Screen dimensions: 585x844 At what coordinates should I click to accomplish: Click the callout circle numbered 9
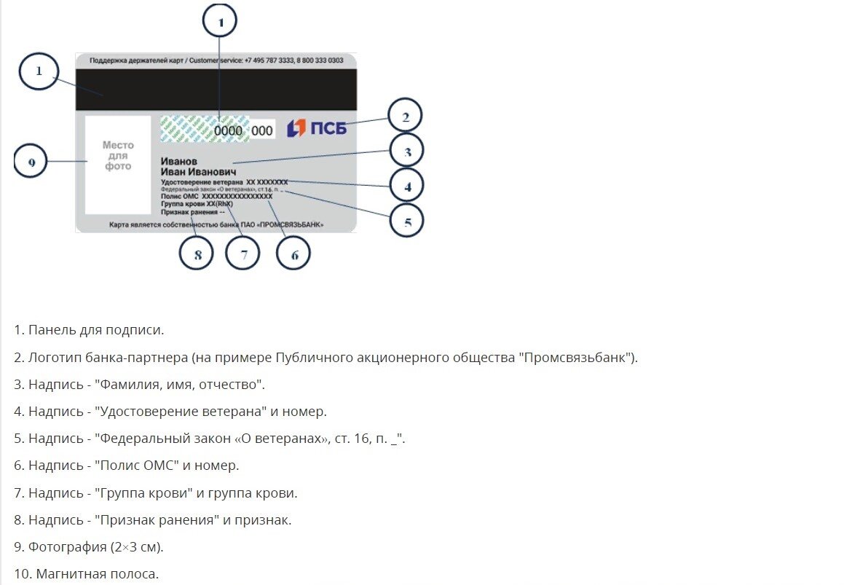[31, 162]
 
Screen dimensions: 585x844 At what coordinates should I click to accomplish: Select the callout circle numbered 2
[405, 117]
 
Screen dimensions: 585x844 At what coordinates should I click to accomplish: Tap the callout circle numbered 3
[407, 152]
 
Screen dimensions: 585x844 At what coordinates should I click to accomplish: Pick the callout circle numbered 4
[407, 186]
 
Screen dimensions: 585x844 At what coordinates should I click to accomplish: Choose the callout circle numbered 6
[294, 254]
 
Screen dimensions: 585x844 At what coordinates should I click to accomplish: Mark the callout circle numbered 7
[243, 254]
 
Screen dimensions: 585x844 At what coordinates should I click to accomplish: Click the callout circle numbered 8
[197, 254]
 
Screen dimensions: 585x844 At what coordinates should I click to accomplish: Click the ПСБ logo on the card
[317, 129]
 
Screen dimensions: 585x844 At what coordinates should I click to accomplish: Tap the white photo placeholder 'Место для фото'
[117, 165]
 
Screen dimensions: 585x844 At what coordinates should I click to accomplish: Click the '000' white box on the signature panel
[262, 130]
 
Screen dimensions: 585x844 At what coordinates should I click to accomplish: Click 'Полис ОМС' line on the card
[216, 196]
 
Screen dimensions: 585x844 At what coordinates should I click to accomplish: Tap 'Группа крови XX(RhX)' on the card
[197, 204]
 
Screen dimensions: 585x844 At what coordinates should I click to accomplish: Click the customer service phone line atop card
[216, 60]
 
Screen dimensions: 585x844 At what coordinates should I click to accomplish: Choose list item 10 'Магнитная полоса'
[86, 574]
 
